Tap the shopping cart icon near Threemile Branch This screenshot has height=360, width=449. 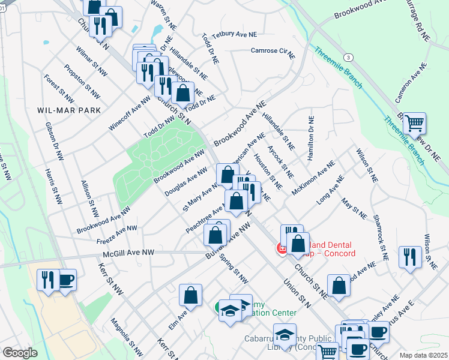point(414,124)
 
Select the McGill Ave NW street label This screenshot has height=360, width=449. point(130,254)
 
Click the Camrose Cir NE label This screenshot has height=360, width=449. point(273,52)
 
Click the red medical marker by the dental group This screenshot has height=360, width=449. point(281,248)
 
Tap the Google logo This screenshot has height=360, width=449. point(20,353)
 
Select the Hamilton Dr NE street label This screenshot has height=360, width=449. point(310,138)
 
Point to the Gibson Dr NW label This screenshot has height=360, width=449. point(54,142)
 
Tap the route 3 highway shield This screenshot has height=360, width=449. point(348,56)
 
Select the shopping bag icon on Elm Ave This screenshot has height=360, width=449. point(190,295)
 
